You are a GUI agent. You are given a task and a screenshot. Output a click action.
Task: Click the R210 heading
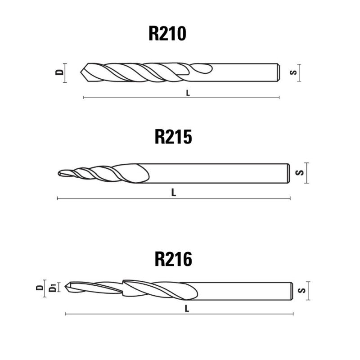click(167, 33)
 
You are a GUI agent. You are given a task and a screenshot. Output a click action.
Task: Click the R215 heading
click(173, 137)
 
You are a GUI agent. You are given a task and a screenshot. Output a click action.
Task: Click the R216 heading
click(173, 259)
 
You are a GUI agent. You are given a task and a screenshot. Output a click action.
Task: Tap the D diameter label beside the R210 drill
click(60, 72)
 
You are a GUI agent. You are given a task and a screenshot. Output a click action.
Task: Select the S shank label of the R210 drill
click(293, 72)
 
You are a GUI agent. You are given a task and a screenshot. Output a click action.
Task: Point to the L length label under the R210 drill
click(188, 93)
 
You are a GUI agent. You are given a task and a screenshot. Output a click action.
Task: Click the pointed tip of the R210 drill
click(81, 72)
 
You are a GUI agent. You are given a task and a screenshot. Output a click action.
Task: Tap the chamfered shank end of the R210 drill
click(279, 72)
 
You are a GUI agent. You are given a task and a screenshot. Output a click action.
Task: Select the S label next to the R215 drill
click(300, 173)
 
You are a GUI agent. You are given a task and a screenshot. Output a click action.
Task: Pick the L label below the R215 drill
click(174, 193)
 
